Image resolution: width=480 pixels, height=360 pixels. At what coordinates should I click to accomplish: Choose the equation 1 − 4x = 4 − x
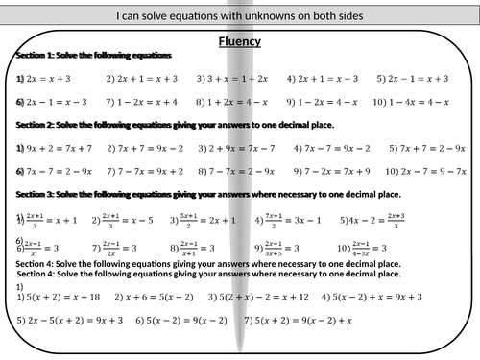tap(422, 101)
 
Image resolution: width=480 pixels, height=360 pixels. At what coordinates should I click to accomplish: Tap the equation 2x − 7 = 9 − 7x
tap(425, 171)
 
